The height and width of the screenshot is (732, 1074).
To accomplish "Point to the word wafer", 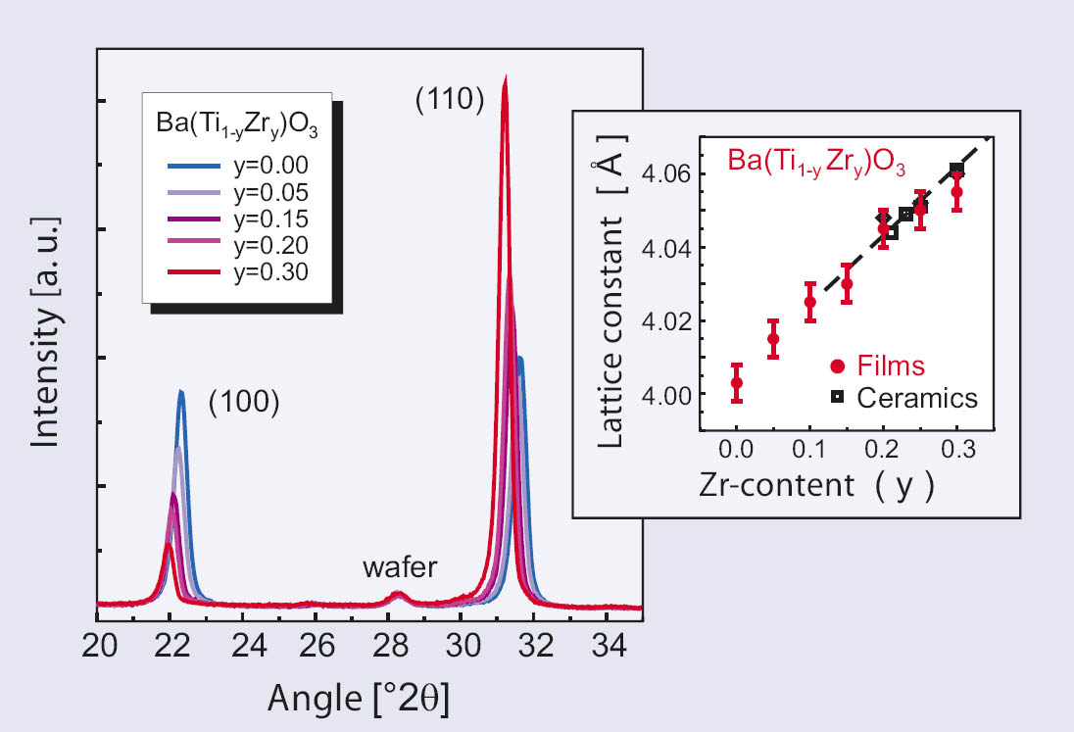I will point(398,567).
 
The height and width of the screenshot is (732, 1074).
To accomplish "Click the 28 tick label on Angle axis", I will point(397,649).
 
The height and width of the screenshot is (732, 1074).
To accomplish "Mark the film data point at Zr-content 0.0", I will point(737,383).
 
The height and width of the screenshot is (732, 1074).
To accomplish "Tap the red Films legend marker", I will point(837,366).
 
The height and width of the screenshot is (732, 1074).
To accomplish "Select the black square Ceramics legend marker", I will point(837,396).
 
